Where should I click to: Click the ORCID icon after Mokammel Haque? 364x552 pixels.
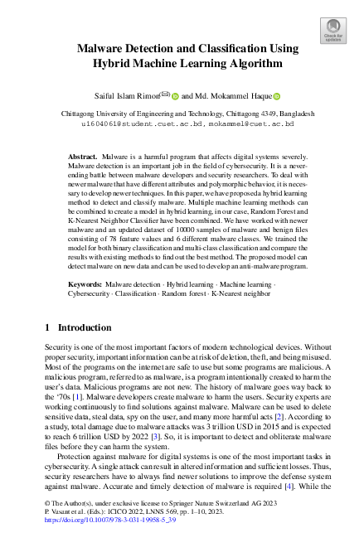277,95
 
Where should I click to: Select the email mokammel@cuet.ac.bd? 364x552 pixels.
253,123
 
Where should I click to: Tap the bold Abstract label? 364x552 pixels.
83,156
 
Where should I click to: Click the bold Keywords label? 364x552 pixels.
86,284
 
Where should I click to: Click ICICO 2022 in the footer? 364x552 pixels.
109,535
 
